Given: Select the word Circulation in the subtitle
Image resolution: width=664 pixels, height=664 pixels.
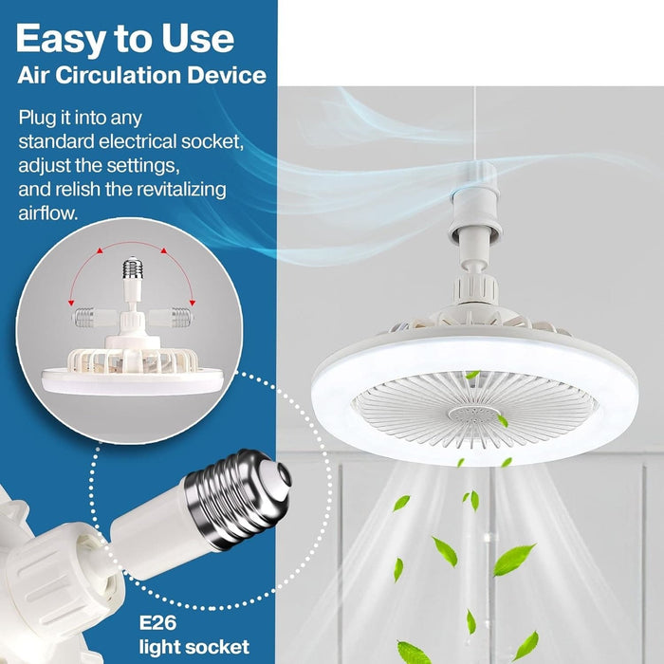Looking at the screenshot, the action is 119,75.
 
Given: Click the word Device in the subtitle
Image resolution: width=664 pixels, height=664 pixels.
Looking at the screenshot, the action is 227,75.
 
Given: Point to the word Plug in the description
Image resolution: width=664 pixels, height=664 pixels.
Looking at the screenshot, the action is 35,119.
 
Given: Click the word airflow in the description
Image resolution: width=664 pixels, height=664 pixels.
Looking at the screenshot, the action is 47,213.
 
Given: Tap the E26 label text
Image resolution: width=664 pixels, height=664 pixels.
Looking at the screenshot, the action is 158,623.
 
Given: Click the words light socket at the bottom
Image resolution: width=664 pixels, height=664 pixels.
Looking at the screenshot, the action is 194,647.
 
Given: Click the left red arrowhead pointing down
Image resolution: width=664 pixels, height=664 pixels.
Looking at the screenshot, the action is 71,303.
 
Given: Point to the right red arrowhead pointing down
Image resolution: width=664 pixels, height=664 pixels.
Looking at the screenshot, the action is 193,303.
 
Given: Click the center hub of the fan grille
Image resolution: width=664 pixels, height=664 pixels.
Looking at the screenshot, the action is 474,415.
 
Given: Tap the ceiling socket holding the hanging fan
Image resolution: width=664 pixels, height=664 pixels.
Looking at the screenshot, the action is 475,199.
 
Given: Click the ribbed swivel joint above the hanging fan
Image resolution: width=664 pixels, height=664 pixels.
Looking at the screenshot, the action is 475,289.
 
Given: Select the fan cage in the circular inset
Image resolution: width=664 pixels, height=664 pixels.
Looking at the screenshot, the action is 133,360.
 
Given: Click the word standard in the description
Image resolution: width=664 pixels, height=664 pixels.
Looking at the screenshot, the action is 56,142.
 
